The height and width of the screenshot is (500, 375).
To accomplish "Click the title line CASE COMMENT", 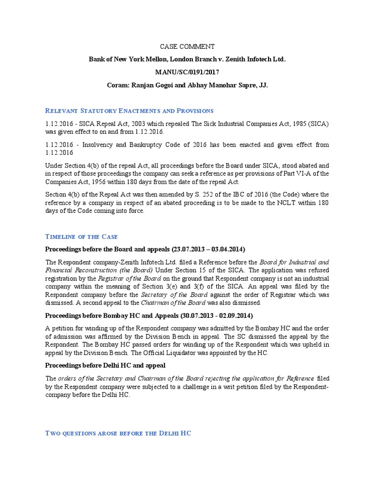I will click(x=187, y=47).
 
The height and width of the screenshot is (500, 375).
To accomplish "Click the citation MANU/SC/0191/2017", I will click(x=187, y=72).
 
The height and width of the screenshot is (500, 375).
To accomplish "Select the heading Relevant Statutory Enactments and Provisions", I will click(x=129, y=111).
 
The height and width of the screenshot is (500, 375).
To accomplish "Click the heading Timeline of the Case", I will click(x=82, y=236).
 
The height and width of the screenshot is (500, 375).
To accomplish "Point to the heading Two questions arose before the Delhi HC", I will click(x=118, y=433).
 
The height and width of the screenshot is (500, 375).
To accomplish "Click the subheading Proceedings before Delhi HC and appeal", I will click(x=105, y=365).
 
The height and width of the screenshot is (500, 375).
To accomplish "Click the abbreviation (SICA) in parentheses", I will click(x=318, y=124).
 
